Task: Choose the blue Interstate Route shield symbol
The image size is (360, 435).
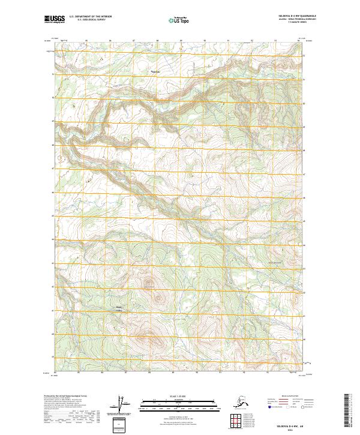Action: coord(268,406)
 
